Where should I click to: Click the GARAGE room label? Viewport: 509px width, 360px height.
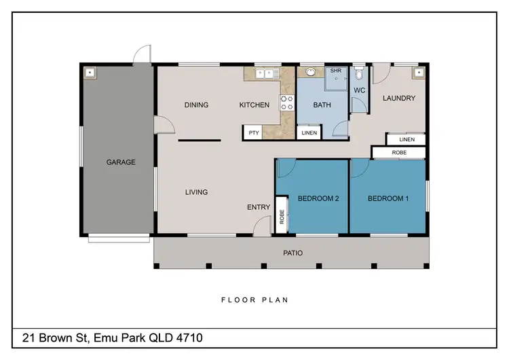click(x=121, y=162)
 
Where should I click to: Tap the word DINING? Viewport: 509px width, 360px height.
click(x=196, y=105)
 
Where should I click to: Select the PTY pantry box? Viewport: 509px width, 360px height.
click(x=254, y=133)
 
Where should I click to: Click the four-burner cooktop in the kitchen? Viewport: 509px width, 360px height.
click(x=287, y=103)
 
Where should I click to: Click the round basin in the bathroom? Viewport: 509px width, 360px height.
click(x=311, y=71)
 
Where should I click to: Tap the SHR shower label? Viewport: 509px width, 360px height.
click(x=335, y=71)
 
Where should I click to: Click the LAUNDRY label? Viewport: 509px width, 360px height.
click(x=398, y=98)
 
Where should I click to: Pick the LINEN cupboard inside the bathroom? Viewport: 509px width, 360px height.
click(x=309, y=133)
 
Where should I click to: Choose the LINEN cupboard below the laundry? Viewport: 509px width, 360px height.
click(x=407, y=139)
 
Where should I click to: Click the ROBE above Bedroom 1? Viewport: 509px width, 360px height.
click(x=399, y=154)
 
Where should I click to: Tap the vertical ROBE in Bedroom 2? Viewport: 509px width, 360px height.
click(x=282, y=217)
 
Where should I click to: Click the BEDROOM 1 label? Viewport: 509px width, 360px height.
click(x=387, y=198)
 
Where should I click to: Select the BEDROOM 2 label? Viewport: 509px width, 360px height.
click(x=318, y=198)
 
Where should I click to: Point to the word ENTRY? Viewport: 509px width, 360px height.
click(x=259, y=208)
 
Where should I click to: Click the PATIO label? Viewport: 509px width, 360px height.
click(x=293, y=253)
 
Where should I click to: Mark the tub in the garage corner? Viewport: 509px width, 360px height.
click(x=90, y=72)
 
